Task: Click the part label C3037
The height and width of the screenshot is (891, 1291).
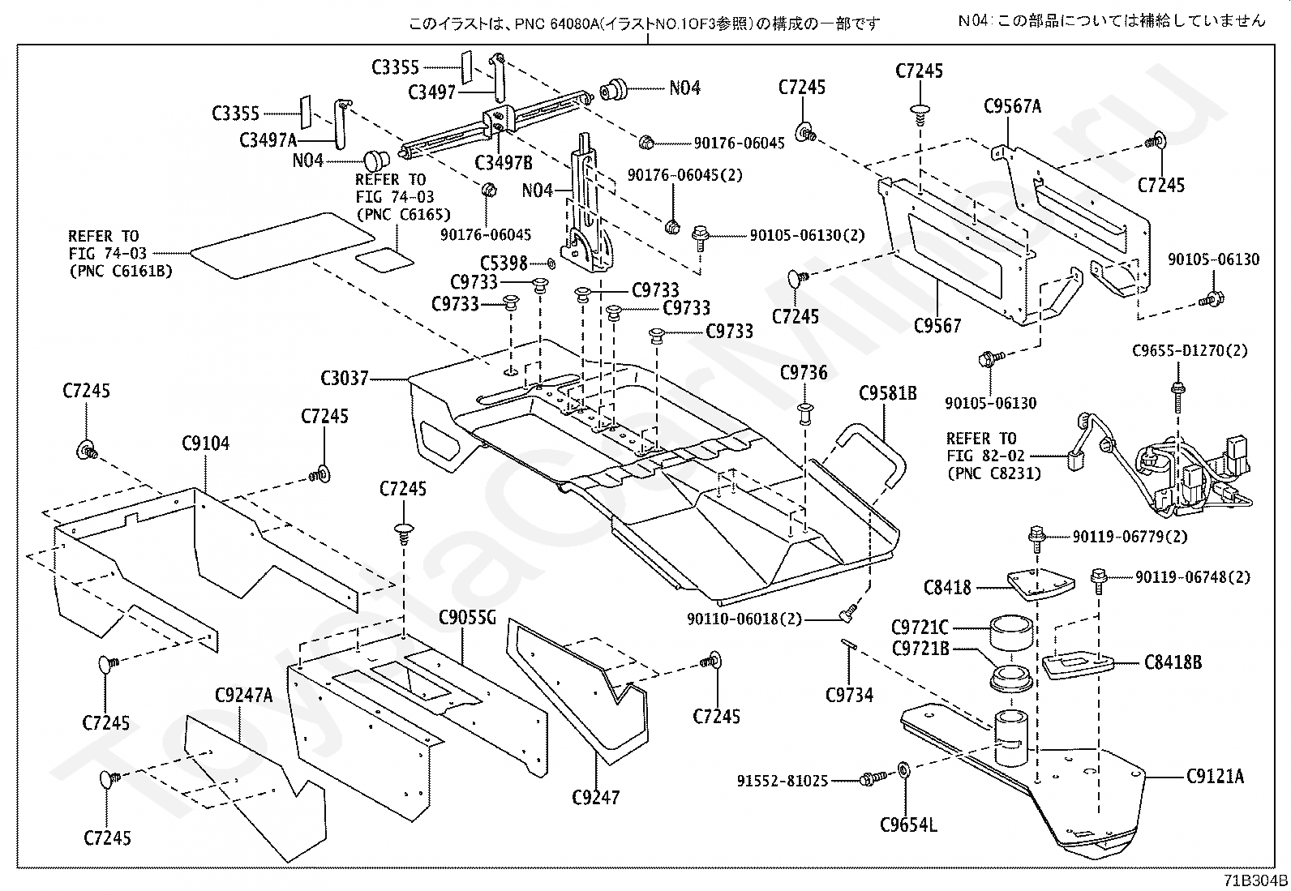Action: pyautogui.click(x=345, y=378)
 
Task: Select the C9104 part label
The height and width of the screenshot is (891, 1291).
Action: pyautogui.click(x=205, y=443)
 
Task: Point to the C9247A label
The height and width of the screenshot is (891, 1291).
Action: pyautogui.click(x=243, y=696)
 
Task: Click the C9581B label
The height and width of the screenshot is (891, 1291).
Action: pyautogui.click(x=888, y=393)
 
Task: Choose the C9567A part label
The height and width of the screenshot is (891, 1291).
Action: pyautogui.click(x=1012, y=106)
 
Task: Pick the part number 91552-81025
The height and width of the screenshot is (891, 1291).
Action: pyautogui.click(x=783, y=781)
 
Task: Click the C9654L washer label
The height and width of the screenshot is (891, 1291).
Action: pyautogui.click(x=908, y=825)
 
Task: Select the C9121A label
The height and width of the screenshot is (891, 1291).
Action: pyautogui.click(x=1214, y=777)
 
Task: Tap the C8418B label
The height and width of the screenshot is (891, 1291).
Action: pyautogui.click(x=1173, y=662)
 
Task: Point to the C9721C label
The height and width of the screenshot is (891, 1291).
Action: pyautogui.click(x=919, y=628)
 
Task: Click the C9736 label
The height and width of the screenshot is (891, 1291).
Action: pyautogui.click(x=804, y=373)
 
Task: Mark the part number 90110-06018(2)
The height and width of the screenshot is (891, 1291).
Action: pyautogui.click(x=744, y=619)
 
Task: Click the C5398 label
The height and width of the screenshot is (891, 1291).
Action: pyautogui.click(x=504, y=263)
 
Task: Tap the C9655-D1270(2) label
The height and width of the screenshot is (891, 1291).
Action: pyautogui.click(x=1190, y=351)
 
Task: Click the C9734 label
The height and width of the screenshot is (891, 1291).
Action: pyautogui.click(x=849, y=694)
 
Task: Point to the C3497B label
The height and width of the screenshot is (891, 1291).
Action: pyautogui.click(x=504, y=163)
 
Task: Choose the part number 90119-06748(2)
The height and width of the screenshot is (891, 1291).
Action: pyautogui.click(x=1192, y=577)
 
